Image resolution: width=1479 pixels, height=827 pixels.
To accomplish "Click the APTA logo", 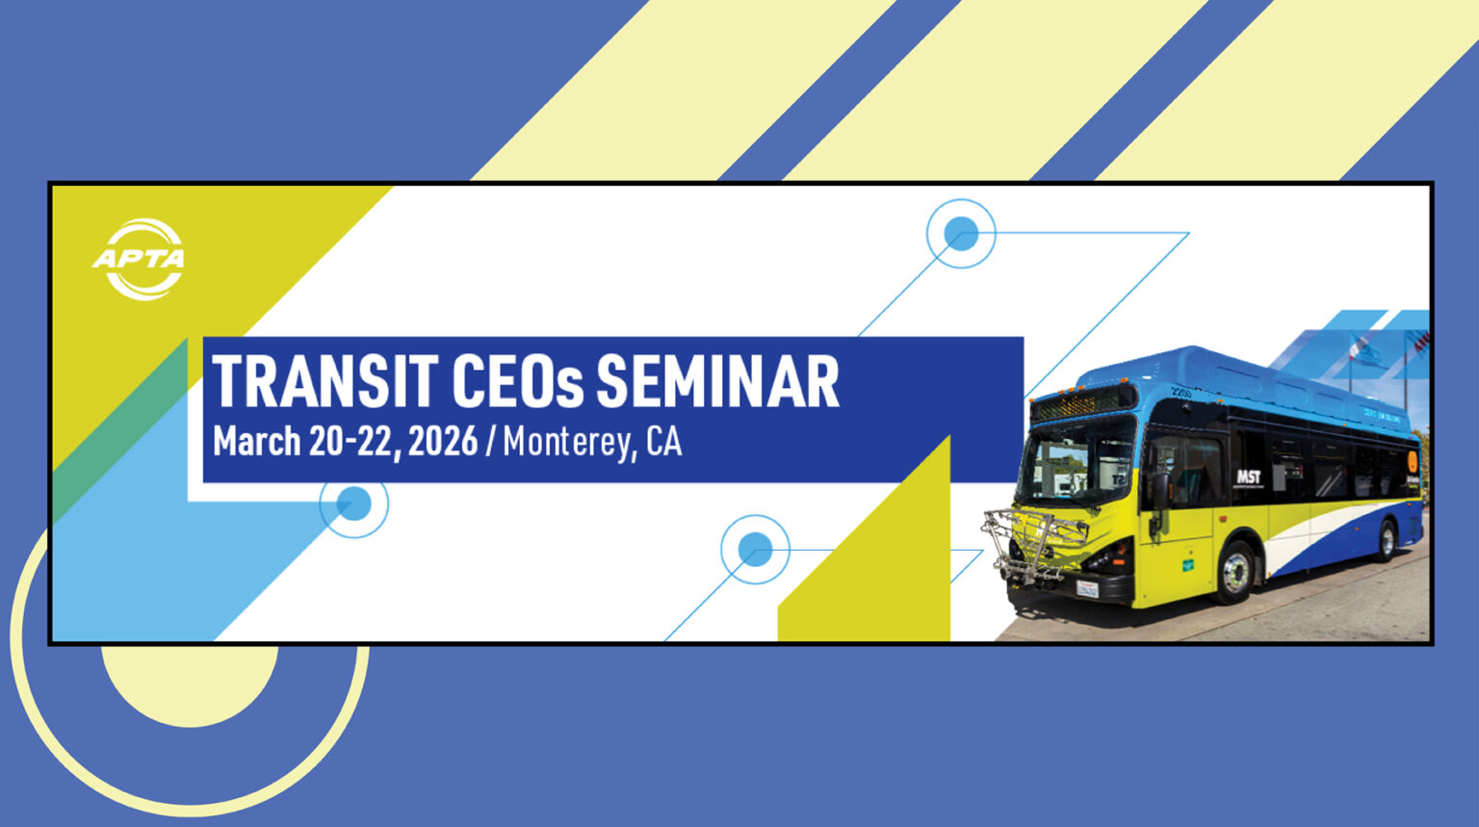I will click(x=140, y=259).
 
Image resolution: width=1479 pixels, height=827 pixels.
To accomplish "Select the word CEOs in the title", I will click(x=518, y=382).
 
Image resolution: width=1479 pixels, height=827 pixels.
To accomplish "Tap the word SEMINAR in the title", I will click(x=717, y=382).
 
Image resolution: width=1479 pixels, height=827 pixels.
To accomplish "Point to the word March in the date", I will click(x=256, y=442).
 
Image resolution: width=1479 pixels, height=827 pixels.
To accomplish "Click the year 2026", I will click(x=442, y=442).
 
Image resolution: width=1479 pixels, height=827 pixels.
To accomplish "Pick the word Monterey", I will click(x=567, y=443).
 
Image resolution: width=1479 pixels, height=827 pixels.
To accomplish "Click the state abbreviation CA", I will click(x=663, y=442).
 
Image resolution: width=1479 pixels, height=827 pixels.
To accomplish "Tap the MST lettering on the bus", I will click(x=1248, y=477).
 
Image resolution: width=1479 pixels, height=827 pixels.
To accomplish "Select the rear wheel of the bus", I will click(x=1386, y=541).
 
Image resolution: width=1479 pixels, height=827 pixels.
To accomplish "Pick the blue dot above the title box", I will click(x=961, y=233).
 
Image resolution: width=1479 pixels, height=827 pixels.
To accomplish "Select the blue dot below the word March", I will click(x=353, y=503).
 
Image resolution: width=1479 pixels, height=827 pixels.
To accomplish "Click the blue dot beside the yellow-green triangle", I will click(x=755, y=550).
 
